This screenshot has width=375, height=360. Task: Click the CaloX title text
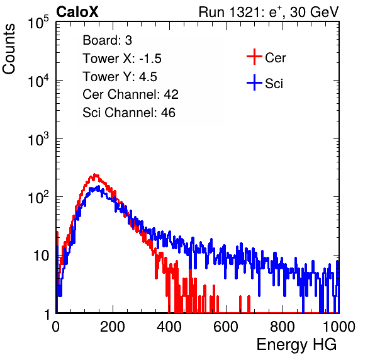point(77,12)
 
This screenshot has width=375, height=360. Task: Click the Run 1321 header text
point(269,12)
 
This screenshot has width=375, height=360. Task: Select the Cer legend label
point(275,58)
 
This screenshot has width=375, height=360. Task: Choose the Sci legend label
point(274,84)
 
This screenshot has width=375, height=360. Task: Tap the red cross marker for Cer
point(254,57)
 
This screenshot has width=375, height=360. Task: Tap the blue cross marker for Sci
point(254,82)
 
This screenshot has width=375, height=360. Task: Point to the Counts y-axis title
point(9,49)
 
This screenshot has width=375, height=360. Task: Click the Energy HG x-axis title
point(296,344)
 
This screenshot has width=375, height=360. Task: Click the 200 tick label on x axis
point(113,327)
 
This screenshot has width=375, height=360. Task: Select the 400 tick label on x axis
point(169,327)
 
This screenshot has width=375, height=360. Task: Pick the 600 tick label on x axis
point(226,327)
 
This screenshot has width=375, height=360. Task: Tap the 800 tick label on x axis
point(283,327)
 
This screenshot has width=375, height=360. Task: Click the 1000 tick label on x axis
point(339,327)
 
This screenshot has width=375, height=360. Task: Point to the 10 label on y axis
point(41,256)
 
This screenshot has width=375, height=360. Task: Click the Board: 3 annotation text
point(107,40)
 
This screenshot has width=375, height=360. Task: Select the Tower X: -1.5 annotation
point(122,59)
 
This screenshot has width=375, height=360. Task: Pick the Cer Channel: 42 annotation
point(130,94)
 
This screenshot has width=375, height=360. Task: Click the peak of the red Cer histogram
point(95,174)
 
